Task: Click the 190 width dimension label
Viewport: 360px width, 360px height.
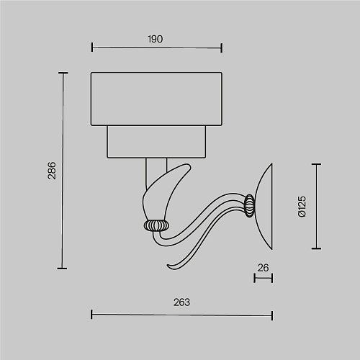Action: click(x=156, y=39)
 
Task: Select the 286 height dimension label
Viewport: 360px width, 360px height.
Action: click(x=52, y=171)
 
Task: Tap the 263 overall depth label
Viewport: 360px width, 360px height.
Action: click(x=181, y=302)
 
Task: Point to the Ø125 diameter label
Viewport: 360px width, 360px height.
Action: click(x=302, y=207)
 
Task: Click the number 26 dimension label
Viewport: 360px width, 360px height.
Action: click(x=263, y=268)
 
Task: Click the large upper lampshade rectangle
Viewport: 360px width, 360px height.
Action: click(x=156, y=99)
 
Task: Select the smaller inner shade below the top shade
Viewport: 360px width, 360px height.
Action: click(x=156, y=142)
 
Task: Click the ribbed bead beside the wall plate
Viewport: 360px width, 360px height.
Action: click(x=250, y=206)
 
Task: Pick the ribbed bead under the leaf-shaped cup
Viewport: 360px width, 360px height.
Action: click(x=156, y=225)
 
